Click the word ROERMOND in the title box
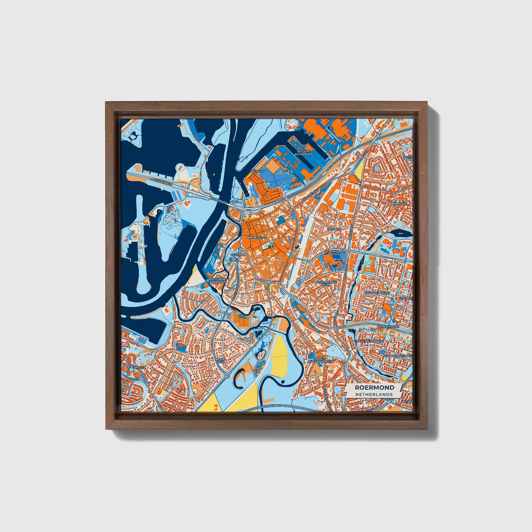[374, 387]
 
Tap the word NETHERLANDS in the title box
[374, 394]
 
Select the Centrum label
[238, 255]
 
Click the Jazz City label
[257, 172]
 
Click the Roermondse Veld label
[326, 283]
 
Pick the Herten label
[140, 367]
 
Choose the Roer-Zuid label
[220, 360]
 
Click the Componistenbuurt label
[398, 356]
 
